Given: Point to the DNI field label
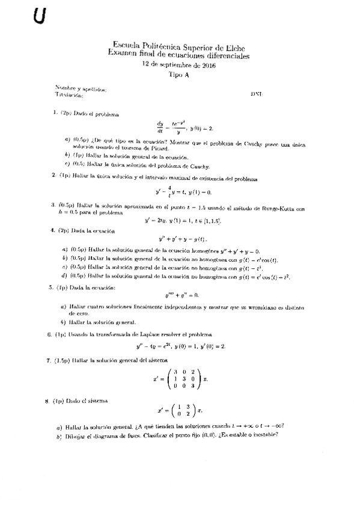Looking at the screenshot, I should coord(256,94).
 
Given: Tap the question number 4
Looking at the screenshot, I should coord(53,230).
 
